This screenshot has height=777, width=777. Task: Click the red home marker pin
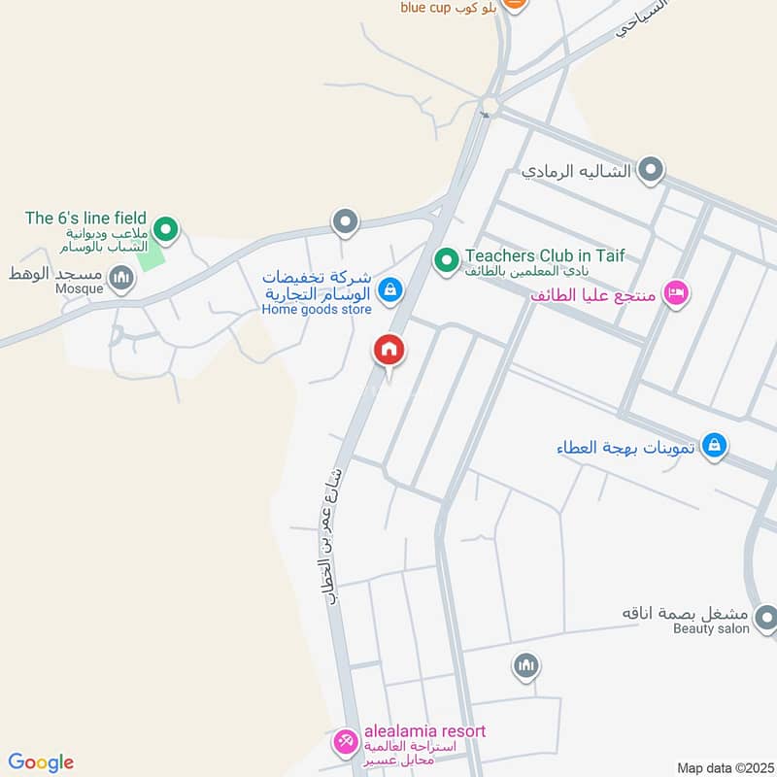(x=389, y=351)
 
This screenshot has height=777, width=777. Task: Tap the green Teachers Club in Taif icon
(x=446, y=260)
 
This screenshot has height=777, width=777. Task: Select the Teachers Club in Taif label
(x=544, y=256)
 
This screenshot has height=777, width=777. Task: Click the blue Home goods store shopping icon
(x=389, y=288)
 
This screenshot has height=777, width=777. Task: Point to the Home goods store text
(x=317, y=310)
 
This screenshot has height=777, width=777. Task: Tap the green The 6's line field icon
(x=167, y=230)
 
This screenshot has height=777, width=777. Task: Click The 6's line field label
(x=85, y=219)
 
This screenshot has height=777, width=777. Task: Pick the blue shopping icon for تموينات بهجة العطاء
(x=714, y=446)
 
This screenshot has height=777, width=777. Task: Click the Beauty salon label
(x=711, y=629)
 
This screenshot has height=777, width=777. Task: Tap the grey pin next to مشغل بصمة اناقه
(x=765, y=617)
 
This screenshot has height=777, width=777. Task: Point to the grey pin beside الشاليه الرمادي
(x=651, y=171)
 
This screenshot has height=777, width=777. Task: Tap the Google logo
(x=41, y=762)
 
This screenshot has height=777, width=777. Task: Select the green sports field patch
(x=150, y=256)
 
